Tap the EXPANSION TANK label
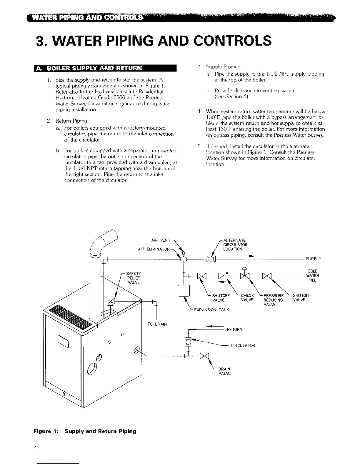[211, 310]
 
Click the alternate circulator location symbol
[211, 259]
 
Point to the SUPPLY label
[314, 259]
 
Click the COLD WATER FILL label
[312, 276]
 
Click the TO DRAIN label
[157, 324]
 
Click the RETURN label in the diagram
[235, 329]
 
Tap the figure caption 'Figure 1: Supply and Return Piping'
[85, 431]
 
